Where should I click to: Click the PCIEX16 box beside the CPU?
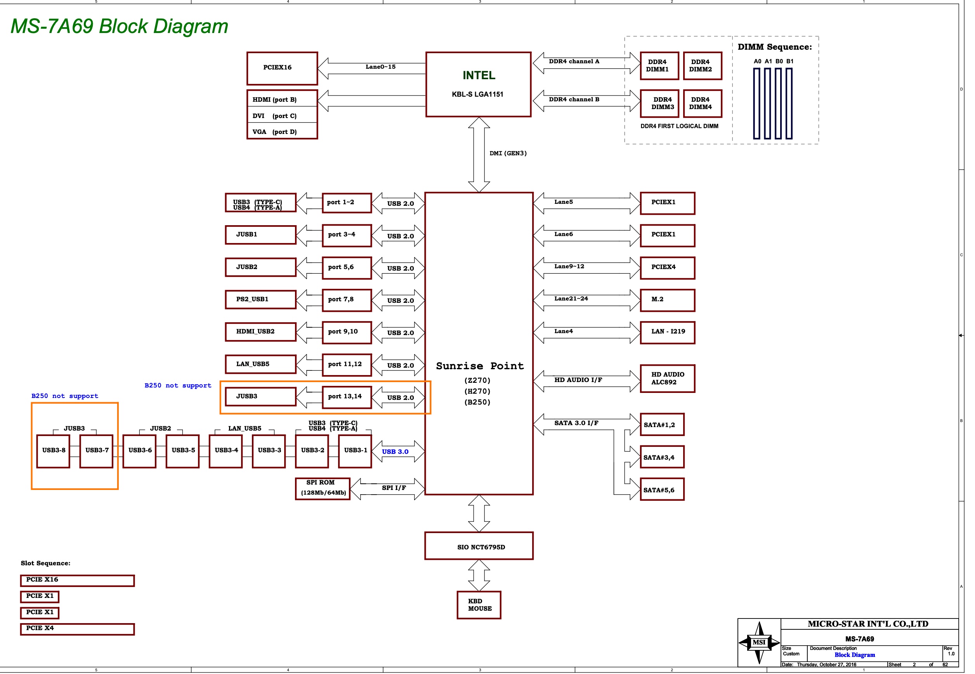(282, 68)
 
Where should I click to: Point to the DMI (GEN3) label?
(508, 153)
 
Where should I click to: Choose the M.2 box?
(667, 300)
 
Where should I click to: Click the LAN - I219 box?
(667, 332)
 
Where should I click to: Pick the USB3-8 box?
(53, 451)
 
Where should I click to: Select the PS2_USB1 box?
(260, 299)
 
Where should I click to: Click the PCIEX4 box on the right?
(667, 268)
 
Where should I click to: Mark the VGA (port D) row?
(282, 132)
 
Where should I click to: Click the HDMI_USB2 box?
(260, 332)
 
